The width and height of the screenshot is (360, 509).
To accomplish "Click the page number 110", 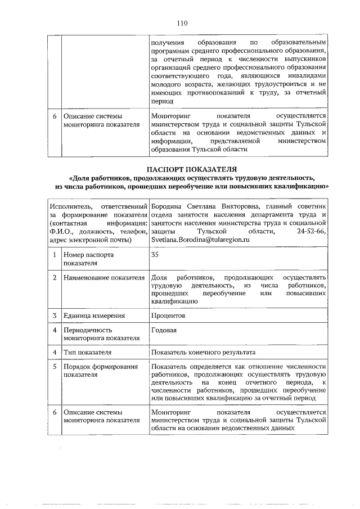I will coord(181,24).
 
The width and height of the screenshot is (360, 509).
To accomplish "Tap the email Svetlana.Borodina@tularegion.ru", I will coord(200,239).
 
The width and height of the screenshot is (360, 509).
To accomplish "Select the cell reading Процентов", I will coord(168,316).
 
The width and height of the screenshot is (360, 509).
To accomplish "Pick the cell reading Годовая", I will coord(164,330).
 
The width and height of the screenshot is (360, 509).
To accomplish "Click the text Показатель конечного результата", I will coord(203,352).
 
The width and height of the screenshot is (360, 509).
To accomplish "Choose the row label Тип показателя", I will coord(87,352).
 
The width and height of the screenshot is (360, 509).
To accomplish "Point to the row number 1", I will coord(54,254).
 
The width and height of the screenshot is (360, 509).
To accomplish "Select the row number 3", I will coord(54,316).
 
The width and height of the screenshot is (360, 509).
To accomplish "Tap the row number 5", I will coord(54,367).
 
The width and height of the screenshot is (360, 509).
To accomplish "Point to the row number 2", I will coord(54,278).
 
